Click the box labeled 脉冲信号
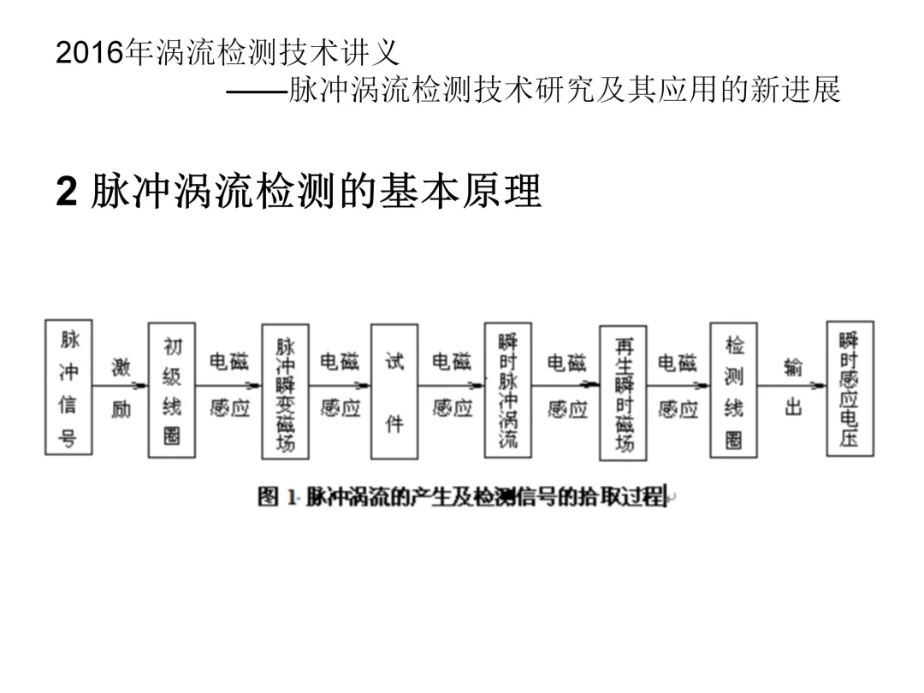[68, 387]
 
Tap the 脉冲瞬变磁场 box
[285, 391]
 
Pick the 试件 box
[394, 391]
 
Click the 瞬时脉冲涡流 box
[507, 391]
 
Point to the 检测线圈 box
[733, 390]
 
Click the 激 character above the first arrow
[121, 367]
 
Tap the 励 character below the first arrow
[121, 409]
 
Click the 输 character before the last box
[793, 367]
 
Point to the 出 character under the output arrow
[793, 408]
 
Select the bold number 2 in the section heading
[66, 192]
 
